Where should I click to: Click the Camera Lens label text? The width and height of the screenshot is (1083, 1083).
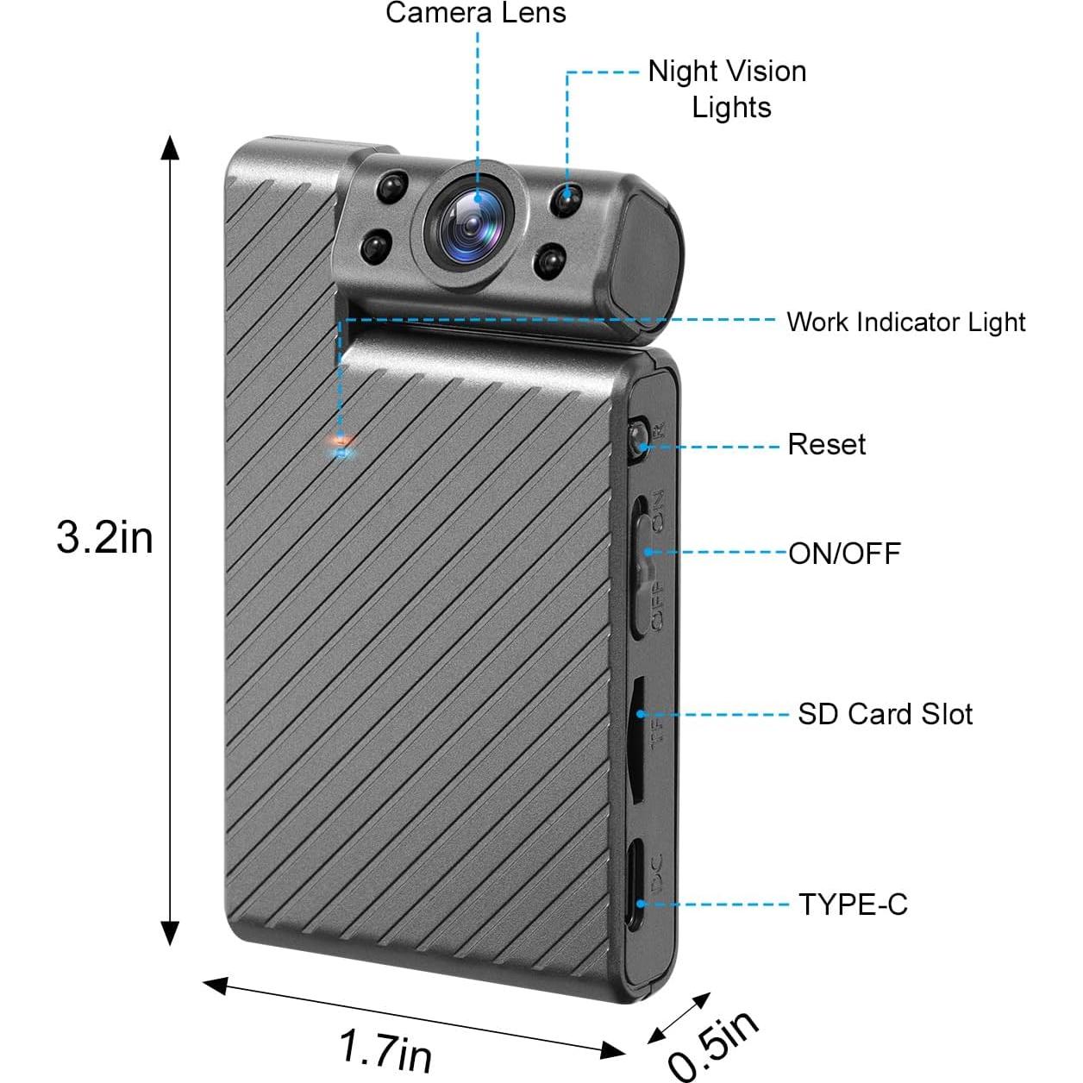click(475, 13)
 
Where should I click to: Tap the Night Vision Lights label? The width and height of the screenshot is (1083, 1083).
click(727, 89)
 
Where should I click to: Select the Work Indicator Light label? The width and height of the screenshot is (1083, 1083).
click(906, 322)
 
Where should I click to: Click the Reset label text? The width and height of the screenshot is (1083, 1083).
click(827, 445)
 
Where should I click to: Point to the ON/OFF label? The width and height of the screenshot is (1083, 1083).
click(845, 554)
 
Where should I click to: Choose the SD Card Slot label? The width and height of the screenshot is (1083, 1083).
click(886, 714)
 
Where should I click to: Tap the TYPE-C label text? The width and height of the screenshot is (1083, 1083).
click(853, 905)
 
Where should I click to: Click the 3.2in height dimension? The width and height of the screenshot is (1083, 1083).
click(105, 538)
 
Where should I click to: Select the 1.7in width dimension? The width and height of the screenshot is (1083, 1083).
click(386, 1048)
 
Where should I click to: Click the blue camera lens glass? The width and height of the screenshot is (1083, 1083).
click(471, 224)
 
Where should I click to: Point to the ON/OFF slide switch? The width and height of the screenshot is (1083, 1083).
click(642, 566)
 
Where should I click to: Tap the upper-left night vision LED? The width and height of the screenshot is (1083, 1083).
click(391, 186)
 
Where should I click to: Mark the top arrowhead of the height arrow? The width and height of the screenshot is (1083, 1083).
click(170, 147)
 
